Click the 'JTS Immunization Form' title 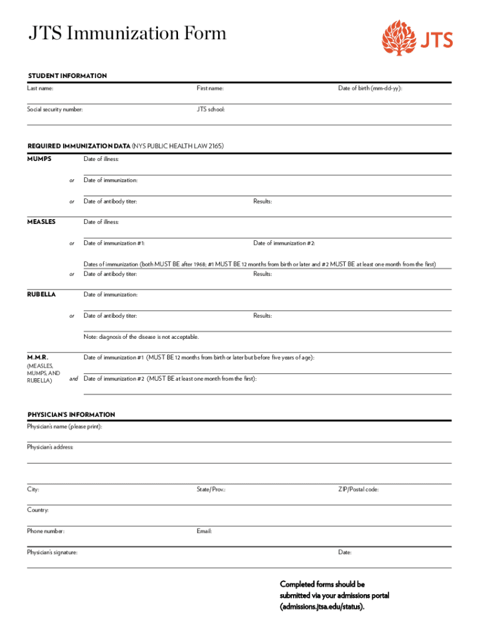click(x=127, y=33)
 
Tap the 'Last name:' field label click(x=40, y=89)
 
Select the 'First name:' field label click(x=210, y=89)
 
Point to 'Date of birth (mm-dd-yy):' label click(x=370, y=89)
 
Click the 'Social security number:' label click(x=54, y=109)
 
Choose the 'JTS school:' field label click(x=211, y=109)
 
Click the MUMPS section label click(x=39, y=159)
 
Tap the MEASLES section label click(x=41, y=222)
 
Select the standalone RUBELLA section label click(x=41, y=294)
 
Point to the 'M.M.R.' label click(x=37, y=358)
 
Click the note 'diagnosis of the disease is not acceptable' click(x=141, y=337)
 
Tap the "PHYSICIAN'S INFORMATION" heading click(x=71, y=414)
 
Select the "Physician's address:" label click(x=50, y=447)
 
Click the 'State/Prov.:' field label click(x=211, y=489)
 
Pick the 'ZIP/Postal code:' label click(x=358, y=489)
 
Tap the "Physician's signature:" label click(x=52, y=552)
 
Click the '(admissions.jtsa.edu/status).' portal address click(x=322, y=606)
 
